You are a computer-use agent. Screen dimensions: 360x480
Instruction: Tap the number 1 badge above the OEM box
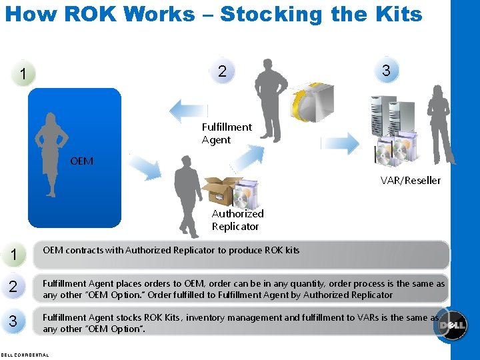tap(24, 73)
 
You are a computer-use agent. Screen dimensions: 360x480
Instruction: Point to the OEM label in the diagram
tap(81, 161)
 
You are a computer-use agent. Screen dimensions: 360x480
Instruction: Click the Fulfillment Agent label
tap(227, 133)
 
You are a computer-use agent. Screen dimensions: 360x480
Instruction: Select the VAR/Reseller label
tap(411, 180)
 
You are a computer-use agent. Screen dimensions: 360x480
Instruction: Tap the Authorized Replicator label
tap(237, 220)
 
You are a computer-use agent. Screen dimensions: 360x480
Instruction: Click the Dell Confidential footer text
tap(25, 355)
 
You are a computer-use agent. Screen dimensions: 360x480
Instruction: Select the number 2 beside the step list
tap(13, 287)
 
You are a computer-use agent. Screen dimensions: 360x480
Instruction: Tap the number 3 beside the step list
tap(13, 321)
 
